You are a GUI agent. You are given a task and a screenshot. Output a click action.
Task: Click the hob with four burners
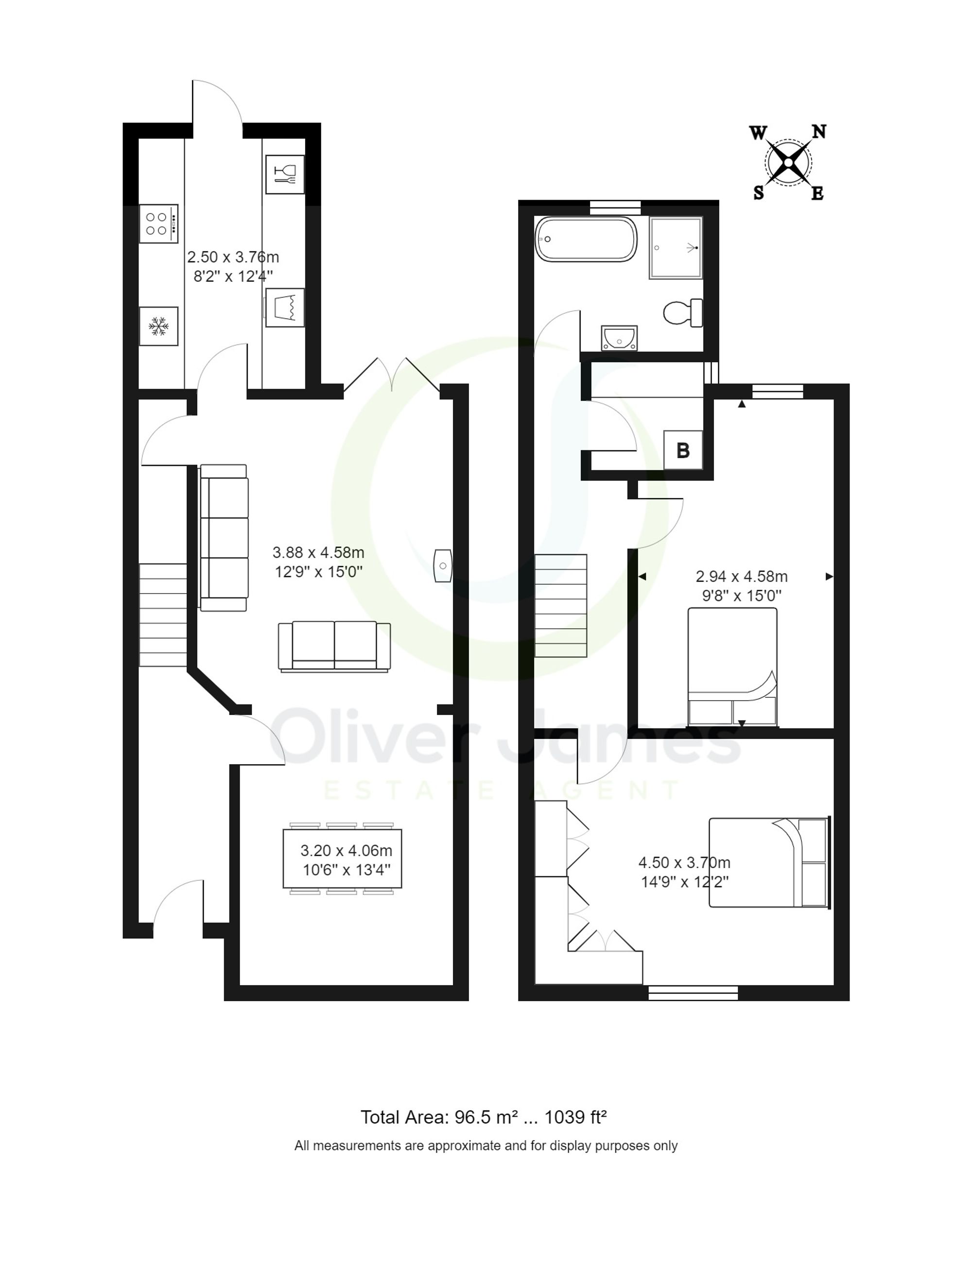pyautogui.click(x=158, y=223)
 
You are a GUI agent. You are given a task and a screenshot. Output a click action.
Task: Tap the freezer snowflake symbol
pyautogui.click(x=158, y=326)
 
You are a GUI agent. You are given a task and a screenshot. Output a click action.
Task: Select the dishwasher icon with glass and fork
pyautogui.click(x=284, y=174)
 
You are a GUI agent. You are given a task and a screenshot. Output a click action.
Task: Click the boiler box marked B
pyautogui.click(x=682, y=450)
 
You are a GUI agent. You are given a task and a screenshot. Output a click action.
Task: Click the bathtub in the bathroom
pyautogui.click(x=586, y=239)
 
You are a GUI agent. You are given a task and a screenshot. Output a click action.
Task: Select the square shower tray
pyautogui.click(x=676, y=248)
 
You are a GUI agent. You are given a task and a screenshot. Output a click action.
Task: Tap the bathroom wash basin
pyautogui.click(x=619, y=338)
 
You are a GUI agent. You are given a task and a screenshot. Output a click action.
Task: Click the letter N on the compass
pyautogui.click(x=818, y=132)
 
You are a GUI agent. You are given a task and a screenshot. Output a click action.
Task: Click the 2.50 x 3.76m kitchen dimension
pyautogui.click(x=233, y=257)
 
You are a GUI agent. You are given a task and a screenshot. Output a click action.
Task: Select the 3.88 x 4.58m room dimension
pyautogui.click(x=318, y=553)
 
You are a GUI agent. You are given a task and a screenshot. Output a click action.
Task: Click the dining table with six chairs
pyautogui.click(x=342, y=859)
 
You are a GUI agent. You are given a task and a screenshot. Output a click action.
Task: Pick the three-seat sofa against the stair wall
pyautogui.click(x=224, y=537)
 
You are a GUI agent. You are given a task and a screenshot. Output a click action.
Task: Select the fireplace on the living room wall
pyautogui.click(x=443, y=565)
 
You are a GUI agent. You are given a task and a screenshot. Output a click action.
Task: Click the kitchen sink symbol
pyautogui.click(x=285, y=308)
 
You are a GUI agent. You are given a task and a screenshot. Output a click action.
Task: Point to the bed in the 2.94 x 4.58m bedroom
pyautogui.click(x=732, y=667)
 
